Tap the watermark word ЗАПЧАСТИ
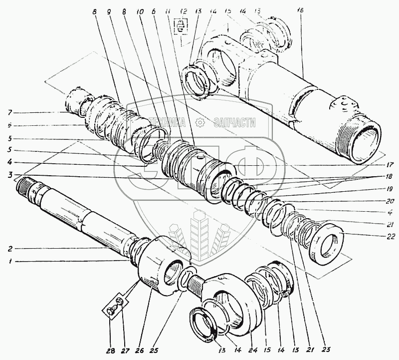click(x=234, y=122)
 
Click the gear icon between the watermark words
click(x=199, y=122)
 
